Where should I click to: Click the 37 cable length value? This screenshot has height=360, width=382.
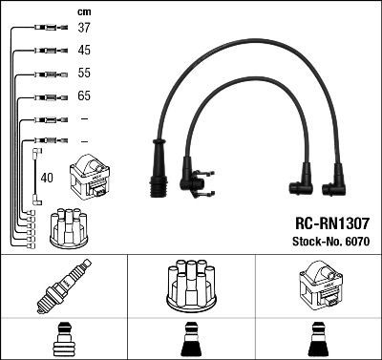click(84, 29)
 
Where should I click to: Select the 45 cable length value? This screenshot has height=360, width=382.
click(84, 51)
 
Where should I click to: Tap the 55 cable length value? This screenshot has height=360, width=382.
click(84, 74)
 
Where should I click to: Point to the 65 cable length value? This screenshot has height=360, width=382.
click(84, 96)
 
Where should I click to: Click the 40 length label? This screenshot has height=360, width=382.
click(47, 177)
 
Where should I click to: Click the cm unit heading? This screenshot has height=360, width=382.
click(82, 11)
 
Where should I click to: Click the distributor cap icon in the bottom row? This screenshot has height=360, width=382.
click(190, 286)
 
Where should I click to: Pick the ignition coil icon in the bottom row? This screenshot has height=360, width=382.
click(317, 286)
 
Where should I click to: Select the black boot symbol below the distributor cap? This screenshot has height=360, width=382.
click(190, 338)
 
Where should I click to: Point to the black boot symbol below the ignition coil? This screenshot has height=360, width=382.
click(317, 338)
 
